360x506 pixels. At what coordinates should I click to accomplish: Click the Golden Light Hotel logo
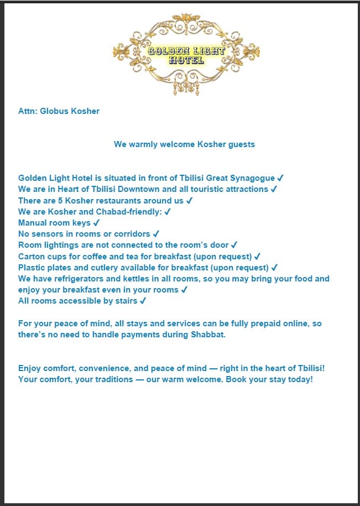pos(186,54)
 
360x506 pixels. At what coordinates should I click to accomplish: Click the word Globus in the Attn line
pos(54,111)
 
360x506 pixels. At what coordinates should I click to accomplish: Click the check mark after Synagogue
pos(280,178)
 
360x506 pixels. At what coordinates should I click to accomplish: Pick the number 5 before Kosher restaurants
pos(61,200)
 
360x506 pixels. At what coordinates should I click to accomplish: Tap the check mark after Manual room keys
pos(96,223)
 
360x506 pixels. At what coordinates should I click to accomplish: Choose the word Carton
pos(32,256)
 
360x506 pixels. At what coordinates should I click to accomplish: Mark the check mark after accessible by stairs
pos(143,301)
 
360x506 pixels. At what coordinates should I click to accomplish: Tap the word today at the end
pos(301,380)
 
